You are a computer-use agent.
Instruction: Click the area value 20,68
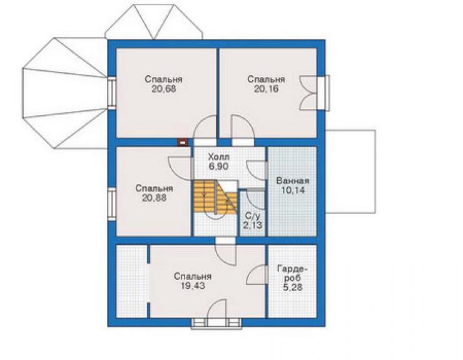[164, 89]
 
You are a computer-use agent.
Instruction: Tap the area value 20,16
[266, 89]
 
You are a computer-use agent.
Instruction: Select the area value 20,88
[154, 198]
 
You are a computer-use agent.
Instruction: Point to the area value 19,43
[193, 286]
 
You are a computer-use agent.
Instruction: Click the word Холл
[218, 157]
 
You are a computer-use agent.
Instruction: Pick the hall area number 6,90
[218, 167]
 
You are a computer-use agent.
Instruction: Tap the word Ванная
[292, 181]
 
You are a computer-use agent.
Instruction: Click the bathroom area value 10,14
[293, 190]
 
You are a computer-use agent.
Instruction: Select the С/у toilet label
[253, 216]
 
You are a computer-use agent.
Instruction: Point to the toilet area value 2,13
[253, 226]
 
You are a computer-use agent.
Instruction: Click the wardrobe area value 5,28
[292, 287]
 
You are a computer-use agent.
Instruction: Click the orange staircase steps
[216, 197]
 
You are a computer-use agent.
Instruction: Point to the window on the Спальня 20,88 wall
[111, 204]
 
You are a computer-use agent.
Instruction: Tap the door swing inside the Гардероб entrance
[257, 275]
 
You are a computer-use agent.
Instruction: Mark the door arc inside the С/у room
[256, 201]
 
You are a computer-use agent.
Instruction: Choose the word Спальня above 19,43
[193, 276]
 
